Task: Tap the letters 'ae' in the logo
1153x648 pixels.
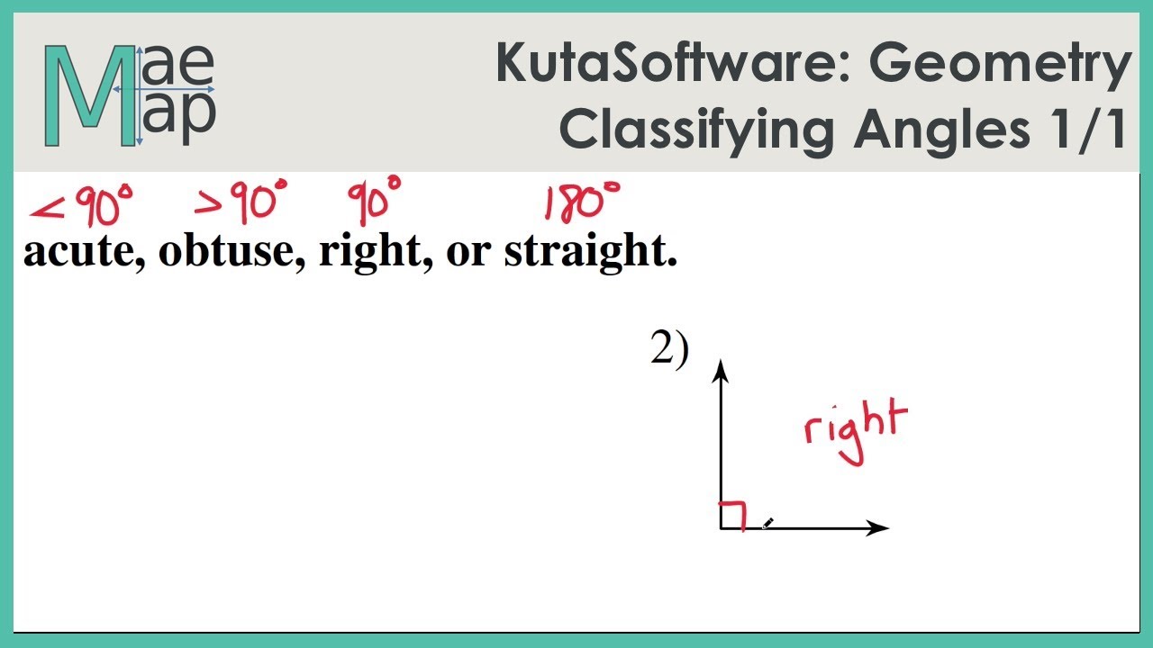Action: tap(177, 66)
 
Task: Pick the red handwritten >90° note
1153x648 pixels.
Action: tap(241, 202)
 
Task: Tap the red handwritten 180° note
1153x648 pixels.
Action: tap(582, 202)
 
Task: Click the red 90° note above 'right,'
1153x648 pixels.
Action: tap(374, 201)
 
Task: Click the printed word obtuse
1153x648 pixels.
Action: tap(233, 252)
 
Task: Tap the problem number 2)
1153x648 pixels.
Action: tap(668, 350)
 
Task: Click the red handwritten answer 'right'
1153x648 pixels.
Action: tap(855, 429)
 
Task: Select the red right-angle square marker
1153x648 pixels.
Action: tap(732, 515)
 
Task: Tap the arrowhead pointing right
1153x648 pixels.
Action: tap(878, 528)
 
